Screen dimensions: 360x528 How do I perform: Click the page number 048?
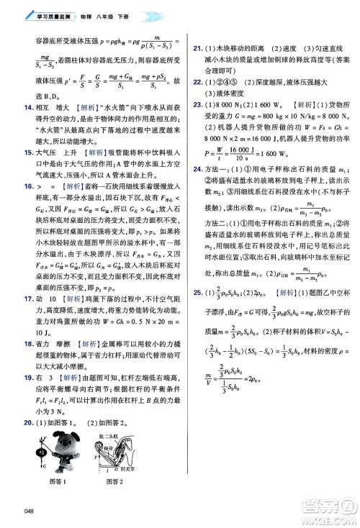click(x=29, y=511)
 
